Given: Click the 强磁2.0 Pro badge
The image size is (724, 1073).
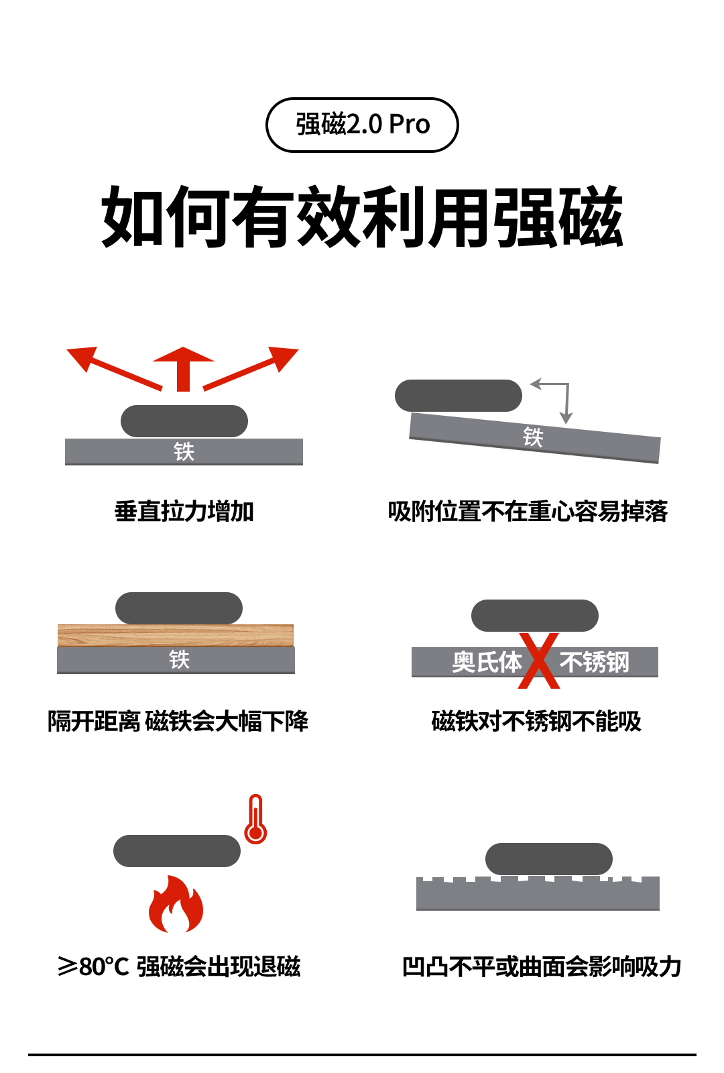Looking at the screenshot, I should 362,125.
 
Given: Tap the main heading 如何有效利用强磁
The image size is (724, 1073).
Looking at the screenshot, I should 362,217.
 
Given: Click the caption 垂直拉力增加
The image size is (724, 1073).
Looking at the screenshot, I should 184,512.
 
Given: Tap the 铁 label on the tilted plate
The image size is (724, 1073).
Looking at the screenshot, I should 533,437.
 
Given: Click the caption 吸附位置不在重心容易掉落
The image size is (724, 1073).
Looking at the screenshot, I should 528,512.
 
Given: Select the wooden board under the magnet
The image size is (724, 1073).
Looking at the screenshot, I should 176,635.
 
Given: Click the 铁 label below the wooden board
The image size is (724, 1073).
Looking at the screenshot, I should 179,660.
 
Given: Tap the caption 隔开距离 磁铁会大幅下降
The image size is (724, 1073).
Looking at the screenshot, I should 178,722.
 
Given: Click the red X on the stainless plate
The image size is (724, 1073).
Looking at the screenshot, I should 538,661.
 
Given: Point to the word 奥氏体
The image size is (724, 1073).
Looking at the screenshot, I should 487,663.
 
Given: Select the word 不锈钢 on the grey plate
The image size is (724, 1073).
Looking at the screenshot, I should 595,663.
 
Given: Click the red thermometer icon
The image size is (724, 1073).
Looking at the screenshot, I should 255,820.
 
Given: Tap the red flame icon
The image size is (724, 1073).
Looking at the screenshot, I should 176,905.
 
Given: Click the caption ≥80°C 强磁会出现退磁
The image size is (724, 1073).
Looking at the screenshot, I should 179,967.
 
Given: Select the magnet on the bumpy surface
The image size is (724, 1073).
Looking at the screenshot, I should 548,859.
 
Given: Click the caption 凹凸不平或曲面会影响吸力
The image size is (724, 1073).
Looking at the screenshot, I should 542,967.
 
